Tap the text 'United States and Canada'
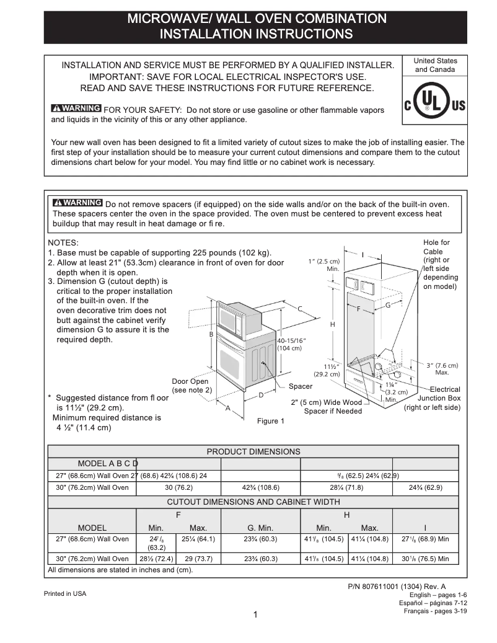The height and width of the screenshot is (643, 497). tap(435, 65)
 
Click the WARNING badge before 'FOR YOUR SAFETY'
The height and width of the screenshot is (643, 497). tap(77, 109)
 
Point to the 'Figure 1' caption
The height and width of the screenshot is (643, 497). tap(271, 422)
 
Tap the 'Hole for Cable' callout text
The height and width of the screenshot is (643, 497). tap(439, 264)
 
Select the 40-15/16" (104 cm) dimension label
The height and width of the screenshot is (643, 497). tap(291, 345)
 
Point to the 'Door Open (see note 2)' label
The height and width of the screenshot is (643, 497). tap(191, 386)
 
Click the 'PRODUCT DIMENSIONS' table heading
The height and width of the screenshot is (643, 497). tap(253, 452)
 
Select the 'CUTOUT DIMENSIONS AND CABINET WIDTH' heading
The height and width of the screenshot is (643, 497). tap(253, 502)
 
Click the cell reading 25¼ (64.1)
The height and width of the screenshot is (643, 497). tap(198, 539)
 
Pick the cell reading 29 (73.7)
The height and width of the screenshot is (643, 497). tap(198, 559)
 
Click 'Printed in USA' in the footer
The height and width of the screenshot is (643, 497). tap(65, 593)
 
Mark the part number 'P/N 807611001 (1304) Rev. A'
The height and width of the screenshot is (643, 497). tap(397, 587)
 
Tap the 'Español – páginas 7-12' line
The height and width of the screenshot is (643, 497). tap(433, 603)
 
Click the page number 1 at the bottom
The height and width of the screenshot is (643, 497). tap(255, 614)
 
